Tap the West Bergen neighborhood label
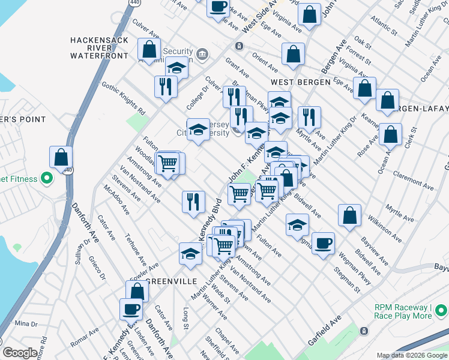[300, 82]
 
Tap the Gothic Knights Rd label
[124, 98]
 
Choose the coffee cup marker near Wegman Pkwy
[323, 244]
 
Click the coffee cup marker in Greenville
[131, 310]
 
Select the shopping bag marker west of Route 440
[61, 158]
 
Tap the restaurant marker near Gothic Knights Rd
[164, 87]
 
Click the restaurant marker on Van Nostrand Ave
[193, 202]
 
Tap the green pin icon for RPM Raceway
[441, 311]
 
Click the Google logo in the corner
[20, 353]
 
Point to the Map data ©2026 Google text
[412, 355]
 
